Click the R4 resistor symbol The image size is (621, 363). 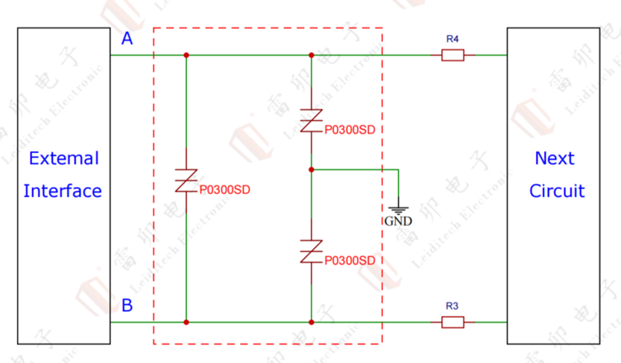(x=453, y=55)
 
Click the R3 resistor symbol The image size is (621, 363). (x=453, y=322)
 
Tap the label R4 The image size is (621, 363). (x=452, y=38)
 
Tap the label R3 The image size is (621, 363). (x=452, y=305)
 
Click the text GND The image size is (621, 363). (x=398, y=221)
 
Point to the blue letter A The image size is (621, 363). (x=127, y=39)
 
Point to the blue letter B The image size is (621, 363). (x=127, y=305)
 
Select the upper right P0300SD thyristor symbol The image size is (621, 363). (x=311, y=120)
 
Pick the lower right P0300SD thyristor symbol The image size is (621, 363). (x=311, y=251)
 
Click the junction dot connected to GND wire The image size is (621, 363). (x=311, y=170)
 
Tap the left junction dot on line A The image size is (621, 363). (x=186, y=55)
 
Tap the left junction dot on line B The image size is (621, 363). (x=186, y=322)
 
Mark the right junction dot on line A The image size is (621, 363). (x=311, y=55)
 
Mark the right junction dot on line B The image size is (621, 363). (x=311, y=322)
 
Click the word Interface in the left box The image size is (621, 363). (x=63, y=190)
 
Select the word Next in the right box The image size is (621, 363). (x=555, y=158)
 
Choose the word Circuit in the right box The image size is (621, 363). (x=557, y=190)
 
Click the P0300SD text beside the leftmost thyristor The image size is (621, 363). (x=224, y=190)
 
